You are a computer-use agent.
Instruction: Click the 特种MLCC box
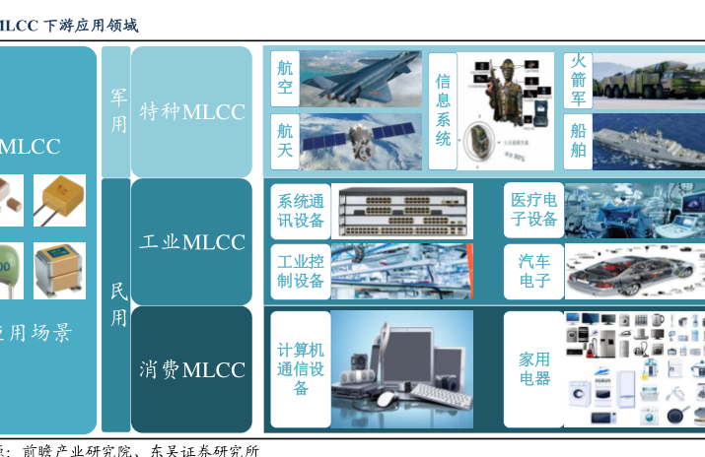point(191,110)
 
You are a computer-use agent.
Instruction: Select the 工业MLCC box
point(191,241)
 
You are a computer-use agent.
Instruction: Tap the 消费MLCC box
point(191,369)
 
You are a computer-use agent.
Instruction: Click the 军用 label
point(117,110)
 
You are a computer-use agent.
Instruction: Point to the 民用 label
point(117,304)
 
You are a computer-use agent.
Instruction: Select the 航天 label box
point(285,141)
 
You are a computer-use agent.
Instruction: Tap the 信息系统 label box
point(443,111)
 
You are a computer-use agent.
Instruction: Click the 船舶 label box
point(579,141)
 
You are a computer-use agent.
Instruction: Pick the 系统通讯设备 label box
point(301,211)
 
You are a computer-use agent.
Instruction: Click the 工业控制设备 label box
point(301,272)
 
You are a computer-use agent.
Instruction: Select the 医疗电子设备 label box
point(533,211)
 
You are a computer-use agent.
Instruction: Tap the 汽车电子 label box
point(533,272)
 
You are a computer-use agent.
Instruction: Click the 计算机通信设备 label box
point(301,369)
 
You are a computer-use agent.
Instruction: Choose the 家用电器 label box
point(533,369)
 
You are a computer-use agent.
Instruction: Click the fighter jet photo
point(361,79)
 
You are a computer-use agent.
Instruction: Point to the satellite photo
point(361,142)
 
